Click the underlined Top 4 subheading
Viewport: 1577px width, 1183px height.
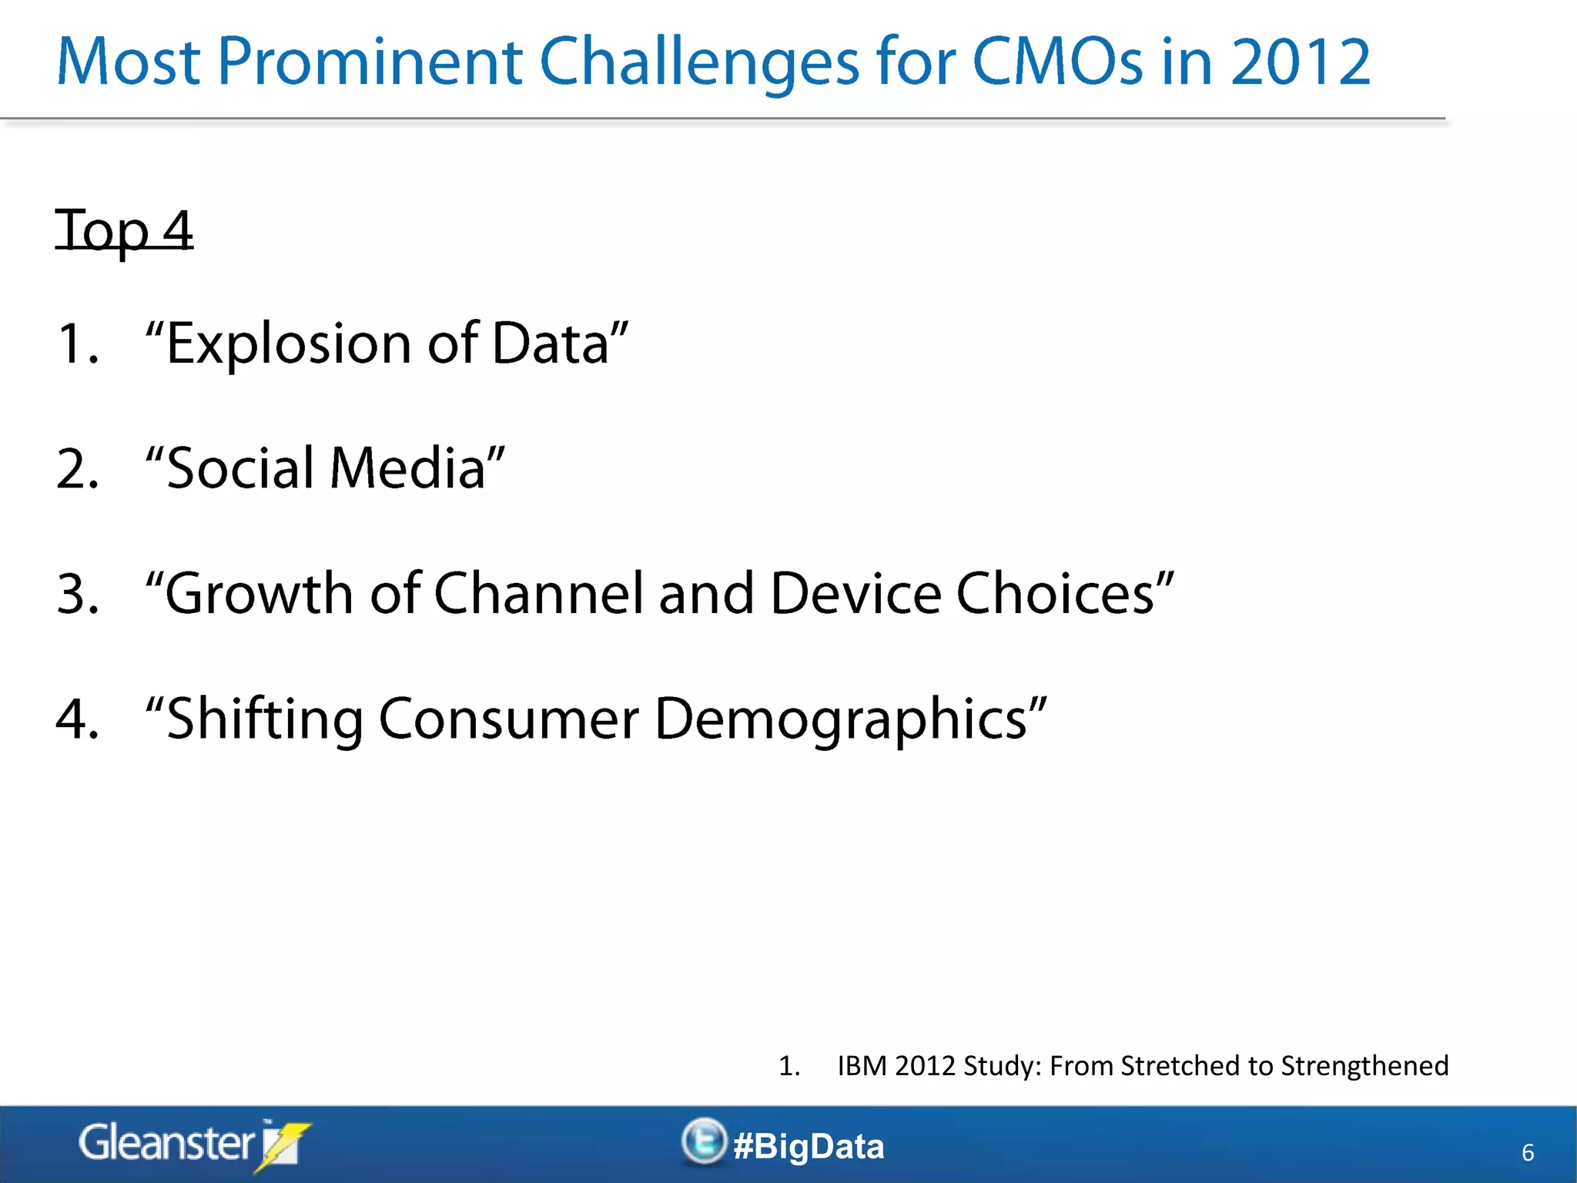pyautogui.click(x=124, y=230)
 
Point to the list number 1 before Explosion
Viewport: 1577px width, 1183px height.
pyautogui.click(x=77, y=344)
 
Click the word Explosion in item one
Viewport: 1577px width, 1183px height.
pyautogui.click(x=288, y=344)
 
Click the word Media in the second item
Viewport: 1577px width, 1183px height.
pyautogui.click(x=408, y=468)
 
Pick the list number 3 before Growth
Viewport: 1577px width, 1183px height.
pyautogui.click(x=77, y=594)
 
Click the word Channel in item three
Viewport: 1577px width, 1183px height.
pyautogui.click(x=537, y=594)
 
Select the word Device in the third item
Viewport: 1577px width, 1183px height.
pyautogui.click(x=855, y=594)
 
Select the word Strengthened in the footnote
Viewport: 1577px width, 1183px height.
pyautogui.click(x=1364, y=1066)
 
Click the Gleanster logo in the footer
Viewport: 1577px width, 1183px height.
pyautogui.click(x=193, y=1144)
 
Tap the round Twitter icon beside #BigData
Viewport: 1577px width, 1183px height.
pyautogui.click(x=703, y=1141)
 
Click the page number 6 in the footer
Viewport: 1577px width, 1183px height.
pyautogui.click(x=1528, y=1152)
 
